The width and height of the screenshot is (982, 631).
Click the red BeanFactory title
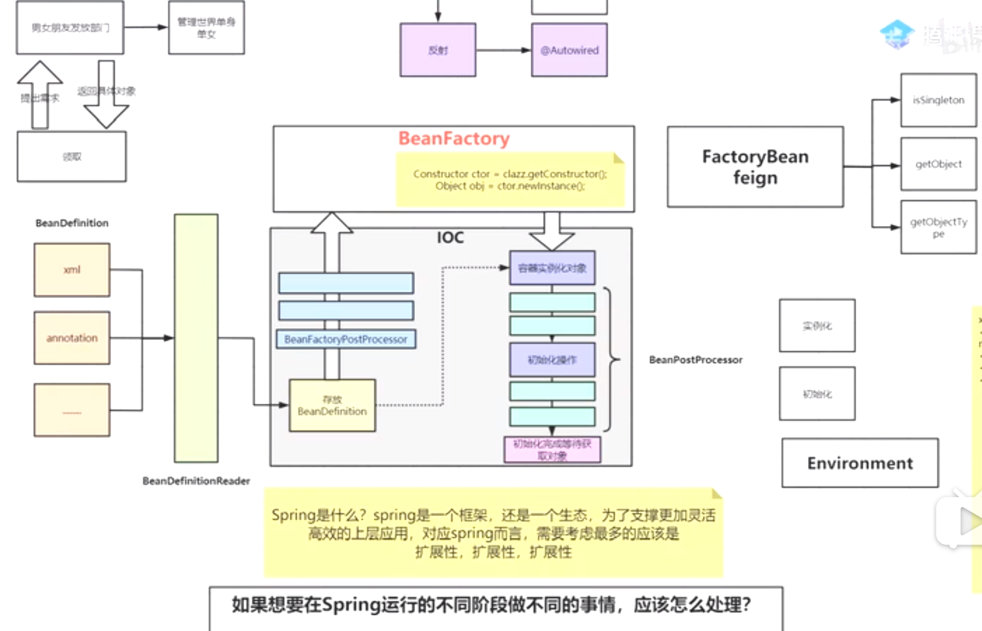tap(454, 138)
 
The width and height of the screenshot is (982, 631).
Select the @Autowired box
tap(569, 50)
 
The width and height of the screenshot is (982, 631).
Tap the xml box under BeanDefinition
tap(72, 270)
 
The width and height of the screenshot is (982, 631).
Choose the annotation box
tap(72, 338)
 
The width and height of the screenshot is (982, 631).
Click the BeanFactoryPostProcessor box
tap(345, 339)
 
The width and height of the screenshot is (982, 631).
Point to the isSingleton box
tap(938, 100)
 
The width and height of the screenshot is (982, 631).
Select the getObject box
tap(938, 164)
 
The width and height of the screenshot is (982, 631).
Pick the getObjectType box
tap(938, 227)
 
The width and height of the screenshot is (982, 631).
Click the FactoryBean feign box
tap(755, 167)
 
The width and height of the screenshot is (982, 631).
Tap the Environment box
tap(859, 463)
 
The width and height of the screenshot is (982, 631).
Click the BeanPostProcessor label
tap(695, 360)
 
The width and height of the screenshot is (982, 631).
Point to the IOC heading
tap(450, 238)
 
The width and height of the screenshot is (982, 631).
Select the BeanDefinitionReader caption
tap(196, 481)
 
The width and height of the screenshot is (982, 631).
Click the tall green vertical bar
tap(196, 338)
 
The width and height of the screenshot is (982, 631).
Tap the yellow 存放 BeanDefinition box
tap(332, 406)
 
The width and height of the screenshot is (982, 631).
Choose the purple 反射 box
tap(437, 50)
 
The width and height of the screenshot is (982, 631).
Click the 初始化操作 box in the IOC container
tap(552, 360)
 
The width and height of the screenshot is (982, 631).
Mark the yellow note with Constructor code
tap(509, 180)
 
